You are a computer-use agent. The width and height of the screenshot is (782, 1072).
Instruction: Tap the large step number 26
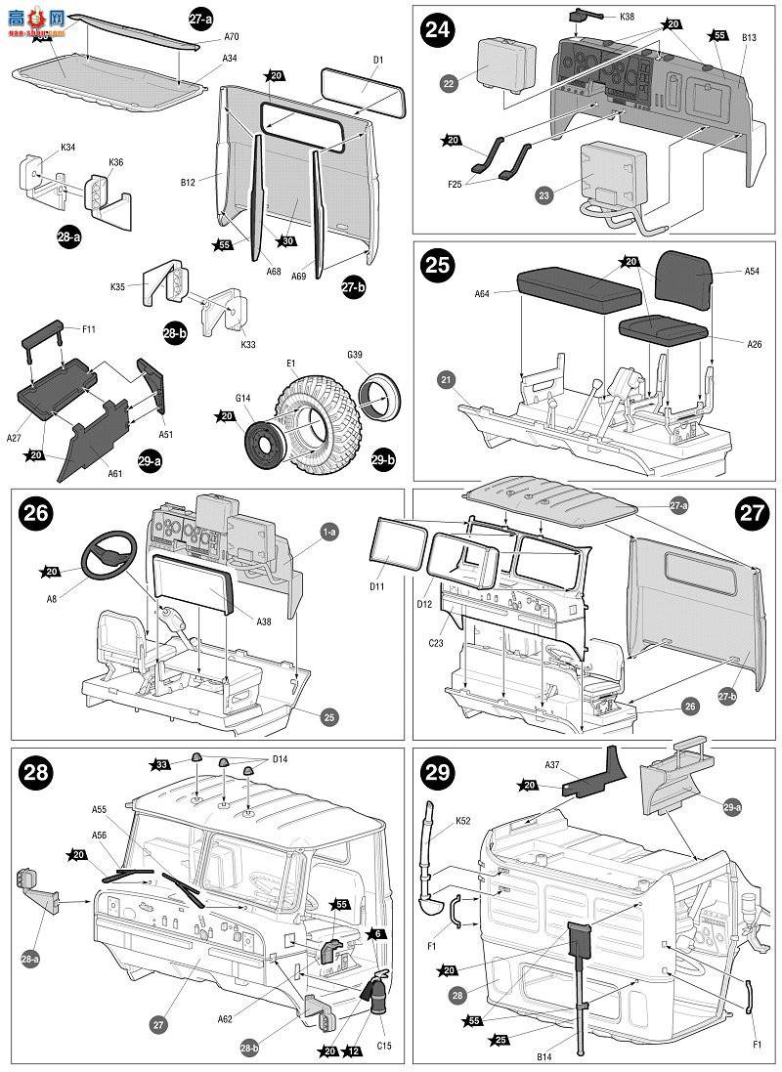click(35, 514)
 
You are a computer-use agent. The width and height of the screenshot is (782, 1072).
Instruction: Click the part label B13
click(749, 38)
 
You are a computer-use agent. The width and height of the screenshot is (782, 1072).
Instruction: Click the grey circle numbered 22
click(449, 84)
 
